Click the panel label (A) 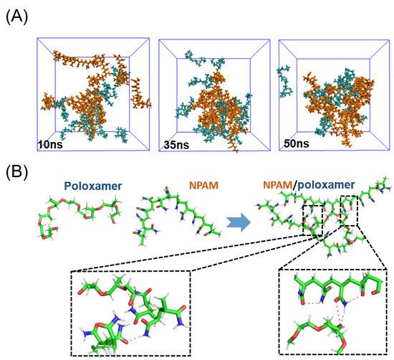coord(16,14)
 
